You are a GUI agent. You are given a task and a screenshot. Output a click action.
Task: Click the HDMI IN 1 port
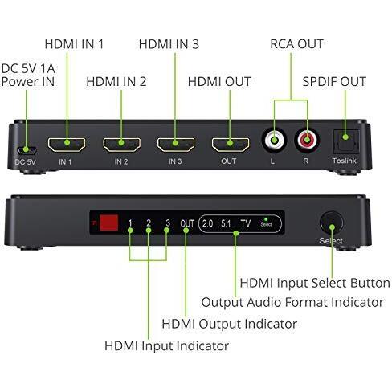coord(67,145)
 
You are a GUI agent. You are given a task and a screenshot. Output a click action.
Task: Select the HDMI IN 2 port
coord(121,145)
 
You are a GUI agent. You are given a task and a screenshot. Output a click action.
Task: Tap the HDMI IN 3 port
coord(176,145)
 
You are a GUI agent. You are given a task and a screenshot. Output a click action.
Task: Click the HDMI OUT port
coord(230,145)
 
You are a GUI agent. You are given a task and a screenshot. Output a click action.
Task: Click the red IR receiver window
coord(109,223)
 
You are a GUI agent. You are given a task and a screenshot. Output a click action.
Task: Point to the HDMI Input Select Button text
coord(314,283)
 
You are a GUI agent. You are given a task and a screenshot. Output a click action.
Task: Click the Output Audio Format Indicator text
coord(292,303)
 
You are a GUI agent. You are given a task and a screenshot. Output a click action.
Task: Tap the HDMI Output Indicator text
coord(229,324)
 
